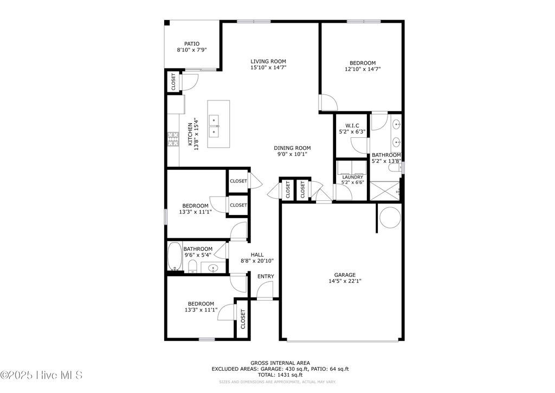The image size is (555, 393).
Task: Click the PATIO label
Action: pyautogui.click(x=191, y=44)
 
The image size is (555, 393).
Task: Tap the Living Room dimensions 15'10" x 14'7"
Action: pyautogui.click(x=268, y=68)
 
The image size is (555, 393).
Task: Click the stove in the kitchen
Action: pyautogui.click(x=173, y=140)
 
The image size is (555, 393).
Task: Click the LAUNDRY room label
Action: pyautogui.click(x=352, y=177)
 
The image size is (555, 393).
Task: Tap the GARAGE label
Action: pyautogui.click(x=344, y=275)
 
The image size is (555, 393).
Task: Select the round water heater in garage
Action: pyautogui.click(x=389, y=217)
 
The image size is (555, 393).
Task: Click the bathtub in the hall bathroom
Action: pyautogui.click(x=175, y=257)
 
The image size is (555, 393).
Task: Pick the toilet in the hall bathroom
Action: pyautogui.click(x=192, y=265)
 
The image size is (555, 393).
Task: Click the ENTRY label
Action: pyautogui.click(x=266, y=276)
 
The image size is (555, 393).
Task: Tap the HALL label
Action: pyautogui.click(x=257, y=255)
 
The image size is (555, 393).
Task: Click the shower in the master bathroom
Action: pyautogui.click(x=386, y=191)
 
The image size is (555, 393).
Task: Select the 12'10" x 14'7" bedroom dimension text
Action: pyautogui.click(x=367, y=69)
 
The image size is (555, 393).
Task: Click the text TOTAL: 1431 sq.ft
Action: pyautogui.click(x=280, y=375)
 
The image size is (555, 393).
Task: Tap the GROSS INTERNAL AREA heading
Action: pyautogui.click(x=280, y=363)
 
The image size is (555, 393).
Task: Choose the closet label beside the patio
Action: pyautogui.click(x=173, y=82)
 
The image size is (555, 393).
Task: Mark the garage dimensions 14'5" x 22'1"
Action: pyautogui.click(x=344, y=281)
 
